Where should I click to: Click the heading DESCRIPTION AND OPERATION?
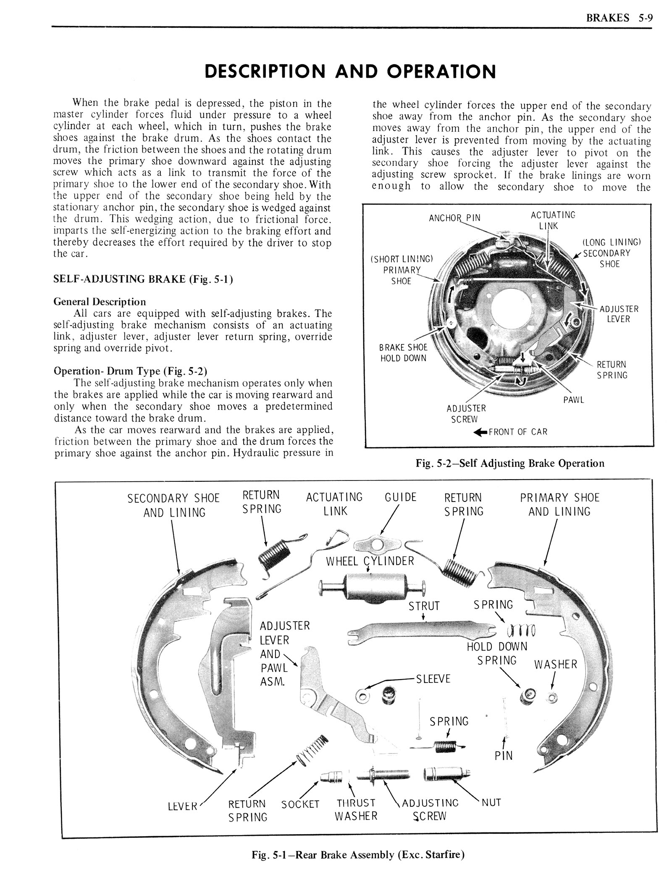pyautogui.click(x=349, y=71)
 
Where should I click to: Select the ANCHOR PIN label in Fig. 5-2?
pyautogui.click(x=454, y=218)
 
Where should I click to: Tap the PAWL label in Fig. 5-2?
pyautogui.click(x=573, y=400)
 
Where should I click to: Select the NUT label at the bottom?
pyautogui.click(x=491, y=803)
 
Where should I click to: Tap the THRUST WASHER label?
pyautogui.click(x=356, y=809)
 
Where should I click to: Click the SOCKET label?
pyautogui.click(x=300, y=804)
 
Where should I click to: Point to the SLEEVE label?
pyautogui.click(x=433, y=679)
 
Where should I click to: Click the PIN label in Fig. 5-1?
pyautogui.click(x=504, y=756)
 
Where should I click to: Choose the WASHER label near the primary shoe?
pyautogui.click(x=555, y=664)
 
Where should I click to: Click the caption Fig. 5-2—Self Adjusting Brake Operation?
pyautogui.click(x=510, y=463)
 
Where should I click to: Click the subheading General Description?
pyautogui.click(x=100, y=302)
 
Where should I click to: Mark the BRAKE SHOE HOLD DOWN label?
pyautogui.click(x=403, y=353)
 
